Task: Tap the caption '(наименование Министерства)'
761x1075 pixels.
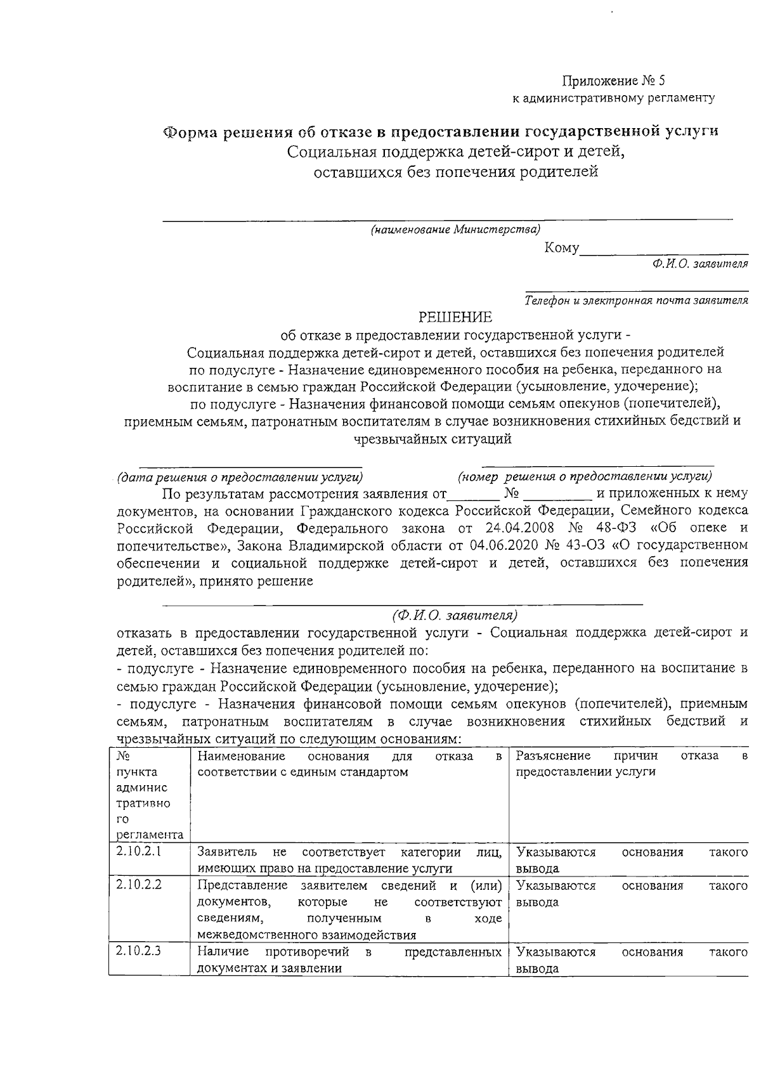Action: [x=455, y=230]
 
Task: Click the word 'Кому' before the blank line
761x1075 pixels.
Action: [x=561, y=249]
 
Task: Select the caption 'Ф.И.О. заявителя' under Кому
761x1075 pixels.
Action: [x=695, y=263]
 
